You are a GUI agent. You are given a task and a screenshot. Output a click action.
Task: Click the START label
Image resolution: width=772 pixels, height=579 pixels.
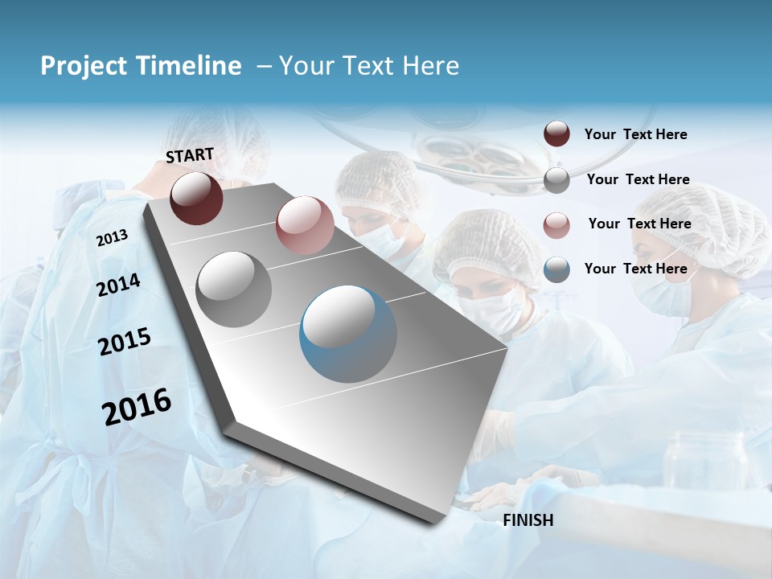[x=190, y=154]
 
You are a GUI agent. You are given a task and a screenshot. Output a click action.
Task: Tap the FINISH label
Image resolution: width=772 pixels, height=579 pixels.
[x=528, y=520]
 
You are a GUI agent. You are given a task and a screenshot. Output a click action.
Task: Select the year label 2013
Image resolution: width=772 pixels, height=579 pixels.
[x=112, y=237]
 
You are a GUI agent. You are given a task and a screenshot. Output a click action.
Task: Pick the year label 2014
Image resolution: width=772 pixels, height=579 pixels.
[x=118, y=285]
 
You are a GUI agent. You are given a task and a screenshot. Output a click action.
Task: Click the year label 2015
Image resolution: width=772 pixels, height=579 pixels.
[x=125, y=342]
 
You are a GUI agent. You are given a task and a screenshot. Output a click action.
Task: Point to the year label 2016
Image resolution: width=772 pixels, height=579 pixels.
[x=137, y=406]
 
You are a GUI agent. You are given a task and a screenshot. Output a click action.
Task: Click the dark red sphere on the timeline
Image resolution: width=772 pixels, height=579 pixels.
[x=196, y=198]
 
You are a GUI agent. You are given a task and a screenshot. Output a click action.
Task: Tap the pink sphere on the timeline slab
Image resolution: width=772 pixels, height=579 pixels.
[x=304, y=225]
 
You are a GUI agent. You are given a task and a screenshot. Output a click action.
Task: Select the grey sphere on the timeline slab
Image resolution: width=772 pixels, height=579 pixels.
[x=234, y=289]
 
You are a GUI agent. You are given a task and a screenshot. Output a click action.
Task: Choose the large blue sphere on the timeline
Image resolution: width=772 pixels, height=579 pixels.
[x=348, y=334]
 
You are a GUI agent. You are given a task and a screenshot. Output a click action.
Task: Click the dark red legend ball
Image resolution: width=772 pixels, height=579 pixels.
[x=556, y=134]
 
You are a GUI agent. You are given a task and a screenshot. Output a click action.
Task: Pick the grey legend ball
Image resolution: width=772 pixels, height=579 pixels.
[x=556, y=179]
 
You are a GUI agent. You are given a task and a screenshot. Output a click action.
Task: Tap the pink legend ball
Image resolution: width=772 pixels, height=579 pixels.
[x=556, y=224]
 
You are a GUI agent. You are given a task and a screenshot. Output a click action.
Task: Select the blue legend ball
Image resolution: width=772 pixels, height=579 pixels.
[x=556, y=269]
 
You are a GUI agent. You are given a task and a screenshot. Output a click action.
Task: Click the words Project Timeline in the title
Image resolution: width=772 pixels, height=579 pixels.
[x=141, y=66]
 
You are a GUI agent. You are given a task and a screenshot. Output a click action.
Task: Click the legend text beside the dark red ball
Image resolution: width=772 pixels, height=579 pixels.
[x=635, y=134]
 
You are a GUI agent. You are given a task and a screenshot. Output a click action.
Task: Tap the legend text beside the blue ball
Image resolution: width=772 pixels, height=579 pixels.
[x=635, y=269]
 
